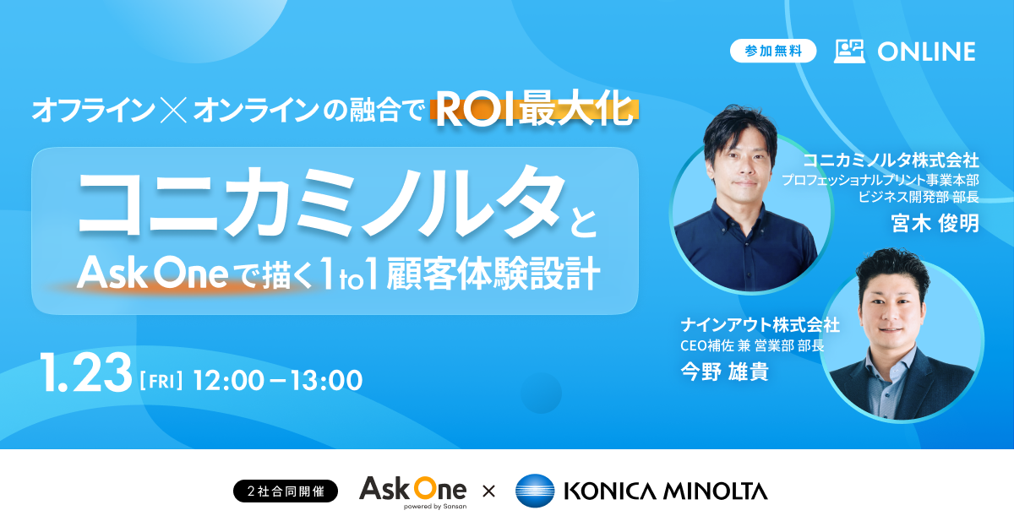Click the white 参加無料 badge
click(773, 51)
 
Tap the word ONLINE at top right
click(926, 52)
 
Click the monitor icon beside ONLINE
click(849, 51)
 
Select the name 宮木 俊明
click(935, 224)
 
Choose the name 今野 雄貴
click(724, 372)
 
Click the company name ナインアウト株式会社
click(760, 324)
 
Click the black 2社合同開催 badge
click(285, 491)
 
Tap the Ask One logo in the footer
click(412, 491)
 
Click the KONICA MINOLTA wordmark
click(666, 491)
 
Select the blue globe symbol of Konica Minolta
click(534, 491)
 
